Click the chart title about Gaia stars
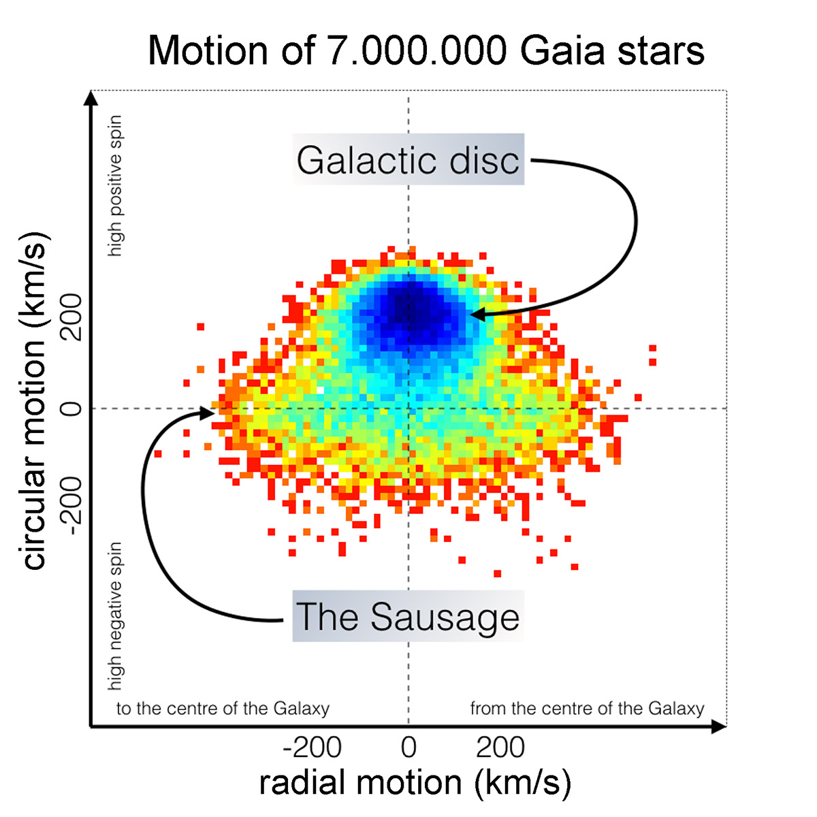426,51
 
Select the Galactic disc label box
408,160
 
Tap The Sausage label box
408,617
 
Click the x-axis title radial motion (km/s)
415,782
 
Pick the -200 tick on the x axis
313,748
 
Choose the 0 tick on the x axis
408,748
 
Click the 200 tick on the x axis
500,748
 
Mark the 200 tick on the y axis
71,317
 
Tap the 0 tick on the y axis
71,408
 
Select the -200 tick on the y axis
71,500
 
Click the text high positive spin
116,185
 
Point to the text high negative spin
116,616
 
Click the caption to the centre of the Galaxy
223,709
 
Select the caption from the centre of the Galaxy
587,709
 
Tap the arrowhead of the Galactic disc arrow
477,315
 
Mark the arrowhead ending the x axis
720,727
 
